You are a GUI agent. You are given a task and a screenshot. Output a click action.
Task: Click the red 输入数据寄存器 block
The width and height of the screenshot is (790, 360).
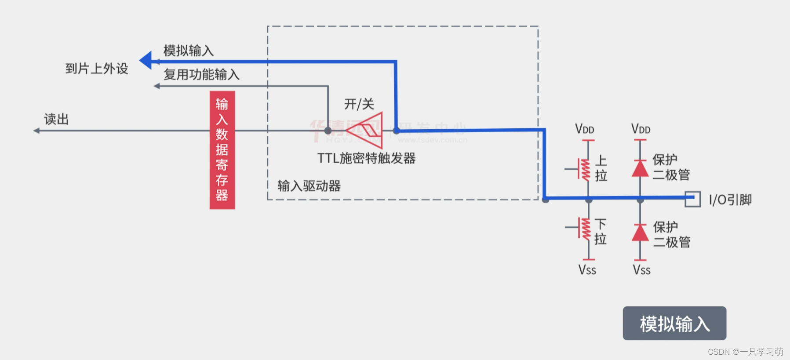coord(222,149)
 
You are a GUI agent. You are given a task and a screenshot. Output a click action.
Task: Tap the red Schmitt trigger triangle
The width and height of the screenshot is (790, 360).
coord(368,130)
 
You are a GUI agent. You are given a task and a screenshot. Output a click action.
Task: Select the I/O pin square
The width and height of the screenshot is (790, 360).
coord(693,199)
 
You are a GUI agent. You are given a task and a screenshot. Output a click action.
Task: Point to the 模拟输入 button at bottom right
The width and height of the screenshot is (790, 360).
coord(674,324)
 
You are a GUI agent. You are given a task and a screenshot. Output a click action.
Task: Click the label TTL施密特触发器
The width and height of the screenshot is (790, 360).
coord(366,158)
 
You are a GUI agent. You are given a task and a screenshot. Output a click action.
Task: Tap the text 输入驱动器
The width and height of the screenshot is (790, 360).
coord(309,186)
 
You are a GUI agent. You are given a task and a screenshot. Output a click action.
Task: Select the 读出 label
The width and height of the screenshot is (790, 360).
coord(56,119)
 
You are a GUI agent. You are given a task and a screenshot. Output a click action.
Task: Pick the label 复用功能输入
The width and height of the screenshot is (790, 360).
coord(201,74)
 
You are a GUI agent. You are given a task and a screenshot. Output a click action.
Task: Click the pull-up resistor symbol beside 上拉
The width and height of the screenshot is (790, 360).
coord(585,169)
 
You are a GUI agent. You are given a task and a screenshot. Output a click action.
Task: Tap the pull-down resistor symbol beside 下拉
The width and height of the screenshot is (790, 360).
coord(585,229)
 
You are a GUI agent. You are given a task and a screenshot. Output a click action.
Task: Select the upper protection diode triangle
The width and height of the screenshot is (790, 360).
coord(640,168)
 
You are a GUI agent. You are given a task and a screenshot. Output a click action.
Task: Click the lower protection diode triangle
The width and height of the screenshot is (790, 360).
coord(640,233)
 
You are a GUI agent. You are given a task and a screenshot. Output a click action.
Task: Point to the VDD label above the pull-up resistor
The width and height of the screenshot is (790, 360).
coord(585,129)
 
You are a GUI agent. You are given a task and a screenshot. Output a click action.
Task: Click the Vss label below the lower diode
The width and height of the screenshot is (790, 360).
coord(641,270)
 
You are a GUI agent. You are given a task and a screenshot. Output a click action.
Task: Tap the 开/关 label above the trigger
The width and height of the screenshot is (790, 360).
coord(359,104)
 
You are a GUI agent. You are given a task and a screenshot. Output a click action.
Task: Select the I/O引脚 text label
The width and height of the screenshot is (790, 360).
coord(730,200)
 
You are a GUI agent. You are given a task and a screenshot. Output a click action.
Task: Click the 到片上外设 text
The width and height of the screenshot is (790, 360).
coord(97,69)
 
